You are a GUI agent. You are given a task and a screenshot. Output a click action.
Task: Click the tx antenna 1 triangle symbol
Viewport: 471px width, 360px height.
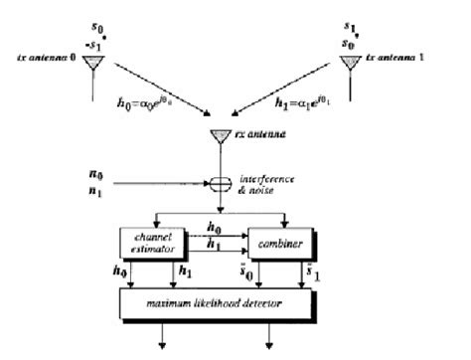tap(349, 63)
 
